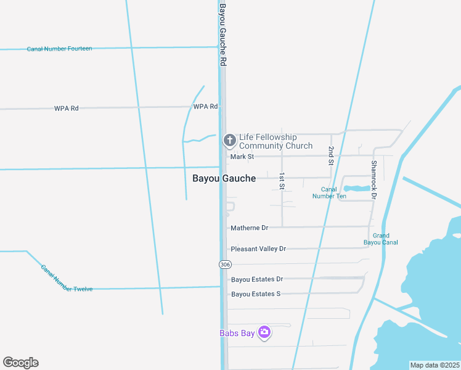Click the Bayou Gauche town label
click(x=224, y=178)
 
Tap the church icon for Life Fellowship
click(x=230, y=141)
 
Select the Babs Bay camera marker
click(x=264, y=332)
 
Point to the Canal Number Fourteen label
click(x=60, y=49)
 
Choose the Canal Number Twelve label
click(x=67, y=278)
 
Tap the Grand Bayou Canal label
click(x=385, y=239)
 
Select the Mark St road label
click(x=242, y=157)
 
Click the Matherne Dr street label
click(x=249, y=228)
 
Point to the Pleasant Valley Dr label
click(x=258, y=249)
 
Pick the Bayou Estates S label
click(x=256, y=294)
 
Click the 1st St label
click(x=282, y=181)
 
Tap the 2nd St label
click(x=330, y=157)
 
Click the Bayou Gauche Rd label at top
click(x=223, y=34)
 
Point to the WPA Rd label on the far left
click(x=66, y=109)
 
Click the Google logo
click(x=20, y=363)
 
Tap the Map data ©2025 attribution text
click(x=434, y=365)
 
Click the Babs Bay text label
click(x=237, y=333)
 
